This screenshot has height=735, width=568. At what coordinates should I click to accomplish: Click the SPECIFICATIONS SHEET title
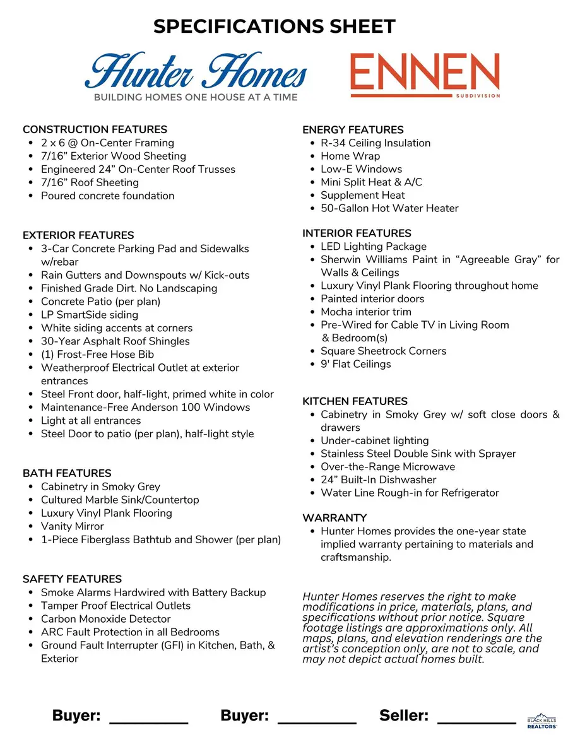(275, 26)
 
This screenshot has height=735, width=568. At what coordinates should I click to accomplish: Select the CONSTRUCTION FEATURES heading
(95, 129)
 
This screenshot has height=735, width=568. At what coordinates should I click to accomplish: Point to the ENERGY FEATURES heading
(353, 129)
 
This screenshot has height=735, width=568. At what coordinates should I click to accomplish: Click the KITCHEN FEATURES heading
(355, 401)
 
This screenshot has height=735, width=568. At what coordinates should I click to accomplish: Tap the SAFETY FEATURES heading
(72, 579)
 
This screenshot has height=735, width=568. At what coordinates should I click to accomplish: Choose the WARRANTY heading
(334, 517)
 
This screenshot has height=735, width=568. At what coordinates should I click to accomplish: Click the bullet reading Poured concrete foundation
(107, 196)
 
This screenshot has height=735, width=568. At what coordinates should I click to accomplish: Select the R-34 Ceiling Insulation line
(376, 143)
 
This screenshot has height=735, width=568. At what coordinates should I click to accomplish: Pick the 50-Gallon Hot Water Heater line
(389, 208)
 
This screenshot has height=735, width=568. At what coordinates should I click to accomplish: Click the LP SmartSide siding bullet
(89, 315)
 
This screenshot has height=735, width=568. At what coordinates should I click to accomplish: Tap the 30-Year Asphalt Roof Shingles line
(115, 341)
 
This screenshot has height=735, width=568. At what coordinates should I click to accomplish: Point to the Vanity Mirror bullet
(72, 526)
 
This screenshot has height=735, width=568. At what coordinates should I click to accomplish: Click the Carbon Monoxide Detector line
(105, 619)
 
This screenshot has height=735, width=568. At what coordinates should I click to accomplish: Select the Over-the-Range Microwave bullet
(388, 467)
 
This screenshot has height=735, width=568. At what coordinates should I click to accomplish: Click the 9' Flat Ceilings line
(355, 364)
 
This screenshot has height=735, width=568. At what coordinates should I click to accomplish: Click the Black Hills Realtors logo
(542, 722)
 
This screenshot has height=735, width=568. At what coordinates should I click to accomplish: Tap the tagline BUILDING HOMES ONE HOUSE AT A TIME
(196, 97)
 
